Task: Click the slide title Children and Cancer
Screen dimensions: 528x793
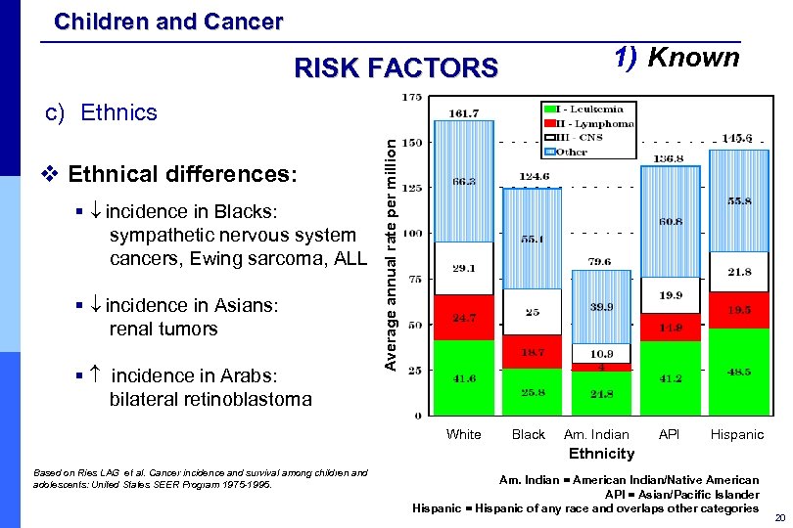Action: (x=168, y=21)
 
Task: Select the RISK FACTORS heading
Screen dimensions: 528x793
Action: (x=396, y=67)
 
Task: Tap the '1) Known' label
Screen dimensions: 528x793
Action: (x=676, y=58)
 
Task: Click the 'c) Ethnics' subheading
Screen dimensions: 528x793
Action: (x=102, y=112)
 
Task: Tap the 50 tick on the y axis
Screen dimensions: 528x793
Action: (x=414, y=325)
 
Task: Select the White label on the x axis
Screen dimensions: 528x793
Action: (x=463, y=434)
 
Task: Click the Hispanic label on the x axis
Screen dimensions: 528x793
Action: (x=736, y=434)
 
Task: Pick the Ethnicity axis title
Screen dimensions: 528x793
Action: (x=602, y=454)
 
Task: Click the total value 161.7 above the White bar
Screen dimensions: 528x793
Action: (x=464, y=113)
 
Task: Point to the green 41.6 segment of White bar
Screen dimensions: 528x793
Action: (x=464, y=377)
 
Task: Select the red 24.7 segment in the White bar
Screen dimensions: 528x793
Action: (x=464, y=318)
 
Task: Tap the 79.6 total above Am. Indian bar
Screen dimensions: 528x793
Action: (x=599, y=261)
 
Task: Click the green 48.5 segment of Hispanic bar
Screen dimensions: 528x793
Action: (x=738, y=372)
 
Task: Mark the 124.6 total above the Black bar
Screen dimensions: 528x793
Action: (x=532, y=177)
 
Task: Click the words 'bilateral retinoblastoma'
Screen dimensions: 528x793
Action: (x=210, y=399)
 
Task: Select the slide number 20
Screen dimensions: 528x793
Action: (x=779, y=517)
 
